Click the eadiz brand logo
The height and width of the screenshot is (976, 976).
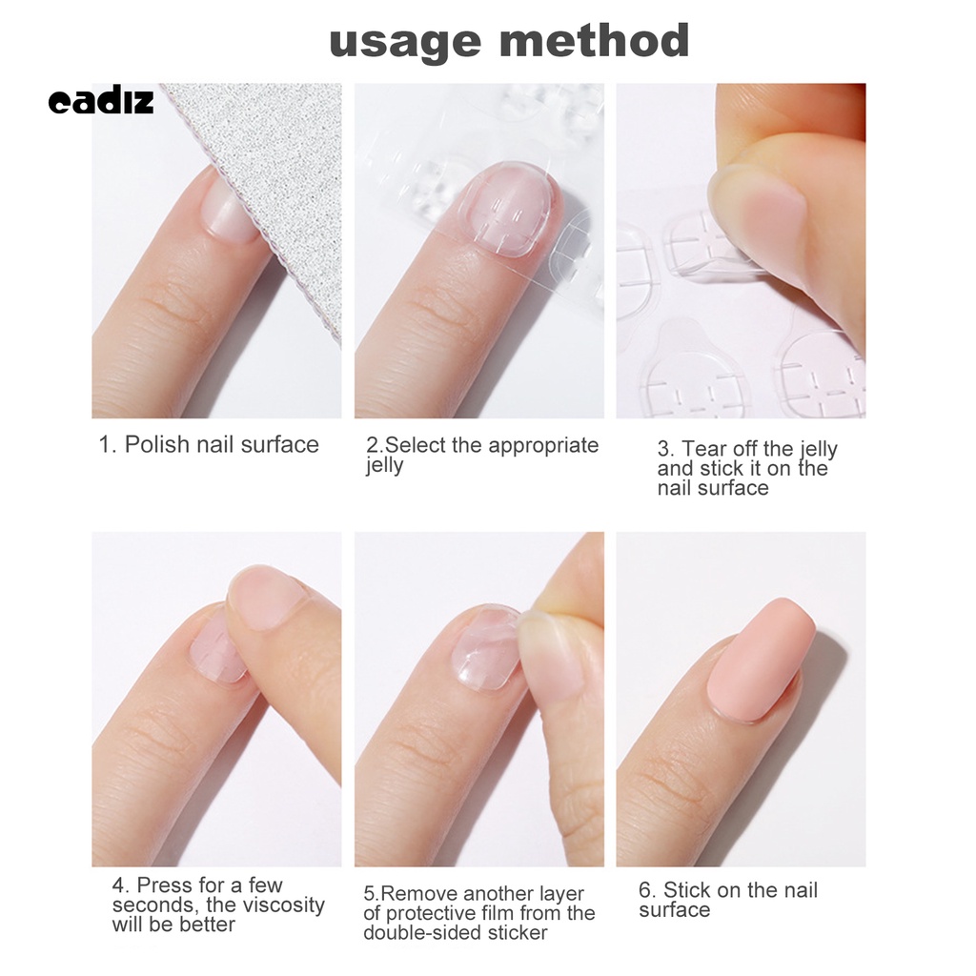(100, 102)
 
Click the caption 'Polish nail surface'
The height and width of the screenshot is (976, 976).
(222, 444)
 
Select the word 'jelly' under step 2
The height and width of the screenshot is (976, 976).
(384, 465)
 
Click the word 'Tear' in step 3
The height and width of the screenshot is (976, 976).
(704, 449)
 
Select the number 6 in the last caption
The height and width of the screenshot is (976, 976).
(646, 890)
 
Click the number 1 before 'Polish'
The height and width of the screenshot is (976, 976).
(106, 444)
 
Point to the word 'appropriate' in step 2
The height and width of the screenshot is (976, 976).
(543, 445)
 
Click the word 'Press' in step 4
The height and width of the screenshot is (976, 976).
(164, 885)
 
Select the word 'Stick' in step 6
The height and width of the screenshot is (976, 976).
(688, 890)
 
